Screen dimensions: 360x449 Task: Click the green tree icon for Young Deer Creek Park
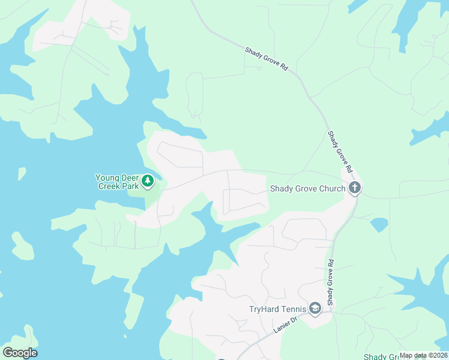[x=148, y=180]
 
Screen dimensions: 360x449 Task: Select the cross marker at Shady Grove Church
[x=355, y=188]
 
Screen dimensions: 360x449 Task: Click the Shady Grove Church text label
[x=307, y=188]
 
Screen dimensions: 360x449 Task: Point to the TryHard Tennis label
[x=278, y=310]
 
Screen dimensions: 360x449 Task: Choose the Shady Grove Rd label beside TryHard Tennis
[x=330, y=281]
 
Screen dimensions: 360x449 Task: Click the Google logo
[x=20, y=353]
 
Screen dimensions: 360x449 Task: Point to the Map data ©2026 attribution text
[x=423, y=355]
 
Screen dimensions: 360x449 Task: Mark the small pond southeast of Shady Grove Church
[x=379, y=225]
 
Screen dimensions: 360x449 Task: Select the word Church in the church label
[x=332, y=188]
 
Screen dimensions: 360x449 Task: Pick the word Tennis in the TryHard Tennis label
[x=294, y=310]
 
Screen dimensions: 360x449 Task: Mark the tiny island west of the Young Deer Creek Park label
[x=22, y=173]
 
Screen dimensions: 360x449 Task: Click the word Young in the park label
[x=108, y=178]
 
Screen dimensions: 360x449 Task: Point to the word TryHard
[x=264, y=310]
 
